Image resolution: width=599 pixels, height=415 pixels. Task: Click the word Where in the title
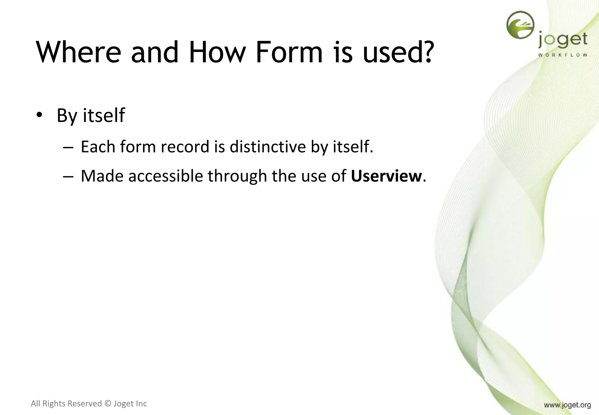78,52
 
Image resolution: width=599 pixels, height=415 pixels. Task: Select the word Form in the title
289,52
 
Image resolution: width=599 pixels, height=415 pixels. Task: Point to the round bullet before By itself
39,115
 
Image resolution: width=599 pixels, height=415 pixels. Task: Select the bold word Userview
386,176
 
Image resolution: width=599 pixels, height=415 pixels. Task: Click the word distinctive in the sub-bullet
267,147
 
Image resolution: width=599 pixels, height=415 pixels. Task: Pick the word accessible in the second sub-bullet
166,176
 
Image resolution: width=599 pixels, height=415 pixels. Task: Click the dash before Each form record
68,147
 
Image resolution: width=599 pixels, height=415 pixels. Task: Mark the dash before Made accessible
68,177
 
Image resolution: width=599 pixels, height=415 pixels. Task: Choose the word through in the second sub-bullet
237,176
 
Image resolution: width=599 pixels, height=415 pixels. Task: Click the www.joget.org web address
567,405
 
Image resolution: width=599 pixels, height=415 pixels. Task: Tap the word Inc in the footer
141,404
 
